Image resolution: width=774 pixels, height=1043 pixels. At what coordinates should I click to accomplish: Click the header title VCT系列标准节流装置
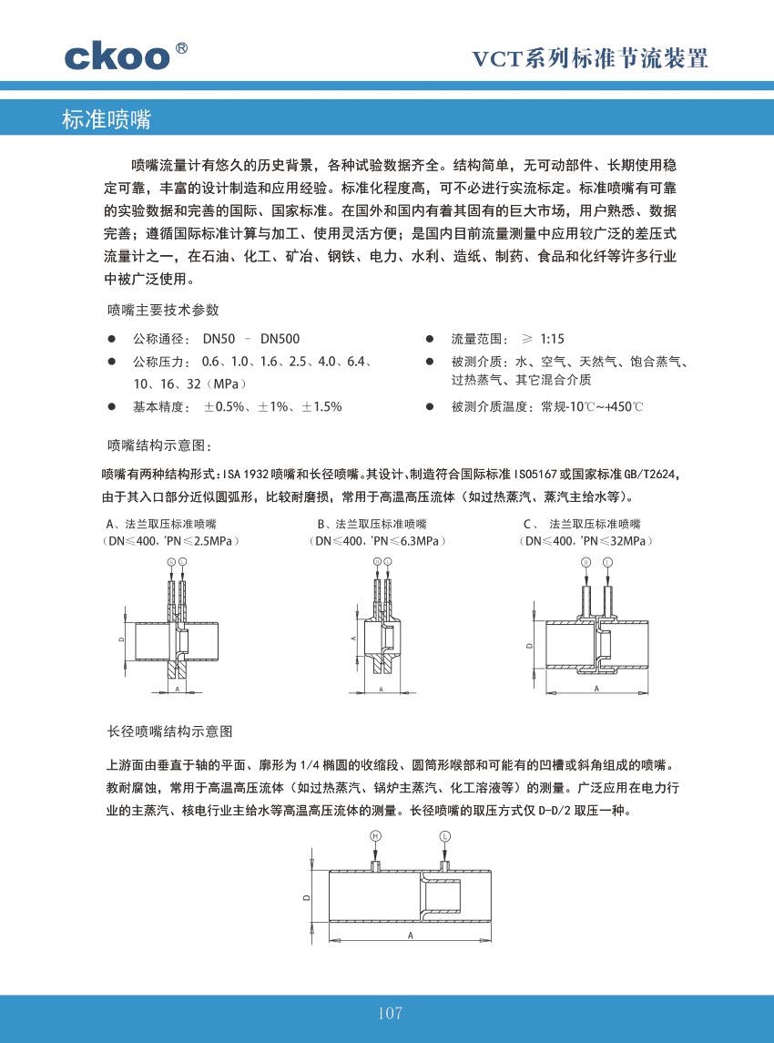pyautogui.click(x=589, y=60)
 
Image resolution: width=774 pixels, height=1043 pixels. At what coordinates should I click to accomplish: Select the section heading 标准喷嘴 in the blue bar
pyautogui.click(x=106, y=119)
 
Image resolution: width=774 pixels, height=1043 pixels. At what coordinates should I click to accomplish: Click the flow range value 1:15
pyautogui.click(x=552, y=338)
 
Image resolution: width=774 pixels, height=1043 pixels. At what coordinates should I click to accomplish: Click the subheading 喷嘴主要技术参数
pyautogui.click(x=163, y=310)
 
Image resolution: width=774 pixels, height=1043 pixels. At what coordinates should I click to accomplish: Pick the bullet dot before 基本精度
pyautogui.click(x=111, y=406)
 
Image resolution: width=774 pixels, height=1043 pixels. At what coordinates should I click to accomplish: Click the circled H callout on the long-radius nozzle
pyautogui.click(x=375, y=835)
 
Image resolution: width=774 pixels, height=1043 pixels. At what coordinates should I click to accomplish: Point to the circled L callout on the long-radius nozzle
pyautogui.click(x=444, y=835)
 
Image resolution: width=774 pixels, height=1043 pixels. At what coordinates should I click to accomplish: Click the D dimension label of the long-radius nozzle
pyautogui.click(x=307, y=896)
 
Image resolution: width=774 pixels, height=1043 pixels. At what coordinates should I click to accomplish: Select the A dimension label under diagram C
pyautogui.click(x=596, y=690)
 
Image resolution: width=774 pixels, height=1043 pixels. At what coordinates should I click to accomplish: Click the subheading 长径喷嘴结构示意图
pyautogui.click(x=170, y=731)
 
